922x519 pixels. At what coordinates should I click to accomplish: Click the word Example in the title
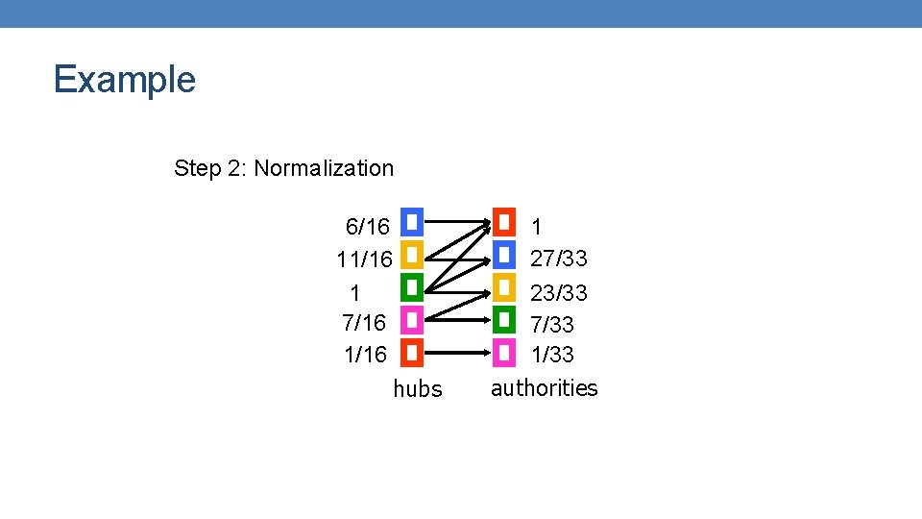click(125, 79)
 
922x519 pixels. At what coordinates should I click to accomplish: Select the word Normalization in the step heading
click(324, 168)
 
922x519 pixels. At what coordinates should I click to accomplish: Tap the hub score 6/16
click(368, 227)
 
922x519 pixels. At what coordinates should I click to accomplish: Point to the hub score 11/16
click(364, 259)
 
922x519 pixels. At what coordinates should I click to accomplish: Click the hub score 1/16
click(365, 355)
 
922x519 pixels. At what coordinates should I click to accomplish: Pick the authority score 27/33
click(559, 259)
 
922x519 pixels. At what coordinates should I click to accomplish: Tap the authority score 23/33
click(559, 292)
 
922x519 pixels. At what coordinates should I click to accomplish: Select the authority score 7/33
click(552, 325)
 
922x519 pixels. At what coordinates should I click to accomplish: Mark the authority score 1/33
click(552, 355)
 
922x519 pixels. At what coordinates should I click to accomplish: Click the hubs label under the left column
click(418, 389)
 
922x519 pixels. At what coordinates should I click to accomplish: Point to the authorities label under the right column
click(544, 388)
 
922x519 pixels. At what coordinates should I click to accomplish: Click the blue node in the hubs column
click(411, 223)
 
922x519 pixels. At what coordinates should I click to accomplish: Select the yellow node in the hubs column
click(411, 256)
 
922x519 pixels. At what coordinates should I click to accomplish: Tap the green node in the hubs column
click(411, 287)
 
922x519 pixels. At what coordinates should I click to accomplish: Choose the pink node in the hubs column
click(411, 320)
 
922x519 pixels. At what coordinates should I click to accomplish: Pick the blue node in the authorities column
click(504, 255)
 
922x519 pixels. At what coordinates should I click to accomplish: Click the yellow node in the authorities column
click(504, 286)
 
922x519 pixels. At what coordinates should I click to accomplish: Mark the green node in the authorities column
click(504, 319)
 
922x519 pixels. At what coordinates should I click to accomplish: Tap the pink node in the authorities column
click(504, 352)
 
